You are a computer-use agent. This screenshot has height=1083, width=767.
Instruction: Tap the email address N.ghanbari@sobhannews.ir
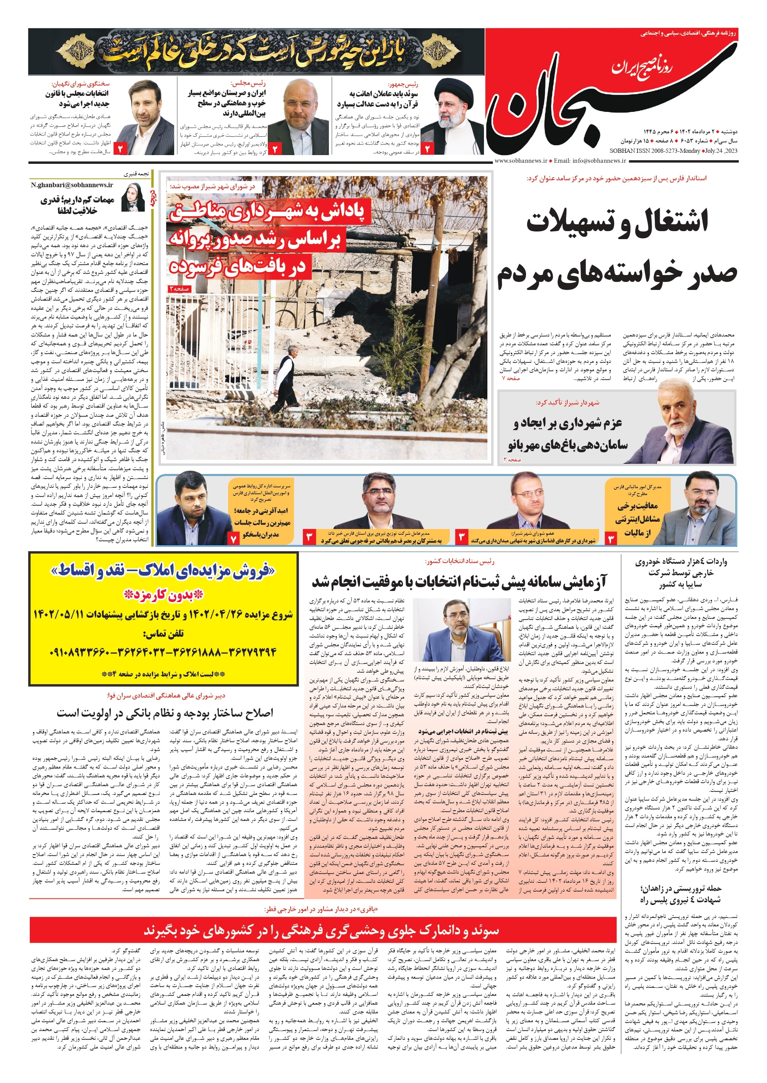pyautogui.click(x=72, y=185)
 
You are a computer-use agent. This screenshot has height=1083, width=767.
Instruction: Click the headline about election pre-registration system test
pyautogui.click(x=458, y=582)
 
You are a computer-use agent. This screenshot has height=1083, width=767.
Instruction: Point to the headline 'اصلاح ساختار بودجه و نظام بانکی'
pyautogui.click(x=165, y=712)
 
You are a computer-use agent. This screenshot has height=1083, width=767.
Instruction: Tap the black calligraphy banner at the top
pyautogui.click(x=256, y=52)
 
